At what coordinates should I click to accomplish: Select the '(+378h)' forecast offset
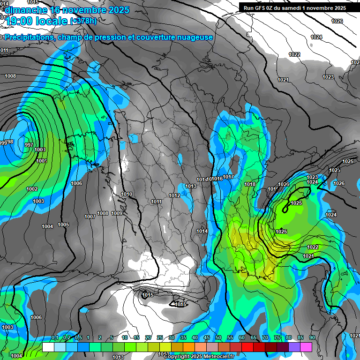pos(83,21)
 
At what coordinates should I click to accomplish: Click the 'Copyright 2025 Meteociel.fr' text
pos(199,357)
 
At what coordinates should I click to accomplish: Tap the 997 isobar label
pos(29,145)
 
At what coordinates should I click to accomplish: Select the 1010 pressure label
pos(127,194)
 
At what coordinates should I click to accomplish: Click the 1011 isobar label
pos(157,202)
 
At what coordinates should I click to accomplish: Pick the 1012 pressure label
pos(174,195)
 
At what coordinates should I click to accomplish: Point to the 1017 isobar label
pos(228,177)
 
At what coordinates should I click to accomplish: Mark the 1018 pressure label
pos(250,184)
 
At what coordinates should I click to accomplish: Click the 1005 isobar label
pos(63,225)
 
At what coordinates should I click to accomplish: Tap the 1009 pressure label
pos(117,214)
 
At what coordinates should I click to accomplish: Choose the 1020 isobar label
pos(284,184)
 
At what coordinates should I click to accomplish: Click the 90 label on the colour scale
pos(312,337)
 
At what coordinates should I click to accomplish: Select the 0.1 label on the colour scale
pos(55,337)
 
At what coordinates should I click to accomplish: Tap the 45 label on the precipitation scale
pos(207,337)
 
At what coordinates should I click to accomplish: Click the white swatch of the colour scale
pos(48,347)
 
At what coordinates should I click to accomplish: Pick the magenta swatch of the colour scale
pos(306,347)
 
